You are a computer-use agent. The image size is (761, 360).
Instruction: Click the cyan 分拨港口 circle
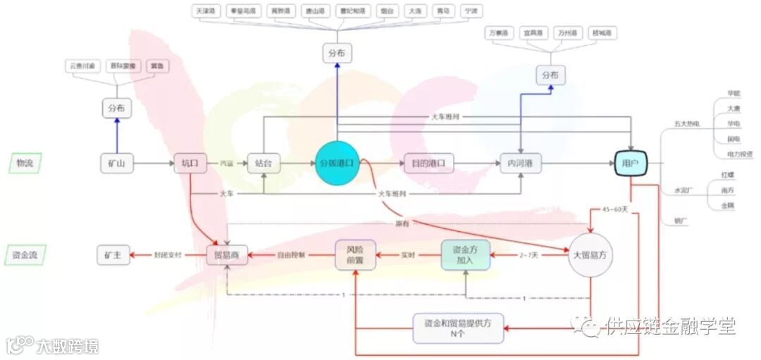[338, 163]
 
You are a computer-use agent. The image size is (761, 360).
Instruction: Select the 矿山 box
[116, 163]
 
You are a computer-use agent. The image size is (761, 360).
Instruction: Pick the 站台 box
[264, 163]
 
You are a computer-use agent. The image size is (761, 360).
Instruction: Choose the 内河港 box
[520, 163]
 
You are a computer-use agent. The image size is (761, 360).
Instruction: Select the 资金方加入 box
[465, 254]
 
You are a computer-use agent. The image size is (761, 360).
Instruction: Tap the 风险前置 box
[355, 254]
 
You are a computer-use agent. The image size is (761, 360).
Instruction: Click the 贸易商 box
[227, 255]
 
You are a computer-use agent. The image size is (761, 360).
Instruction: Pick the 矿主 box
[113, 255]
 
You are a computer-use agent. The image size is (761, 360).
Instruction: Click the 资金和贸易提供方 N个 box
[458, 328]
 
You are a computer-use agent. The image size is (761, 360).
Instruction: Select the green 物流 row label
[25, 163]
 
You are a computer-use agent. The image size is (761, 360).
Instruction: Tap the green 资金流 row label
[25, 255]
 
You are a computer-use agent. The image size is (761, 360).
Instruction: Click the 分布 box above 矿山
[116, 108]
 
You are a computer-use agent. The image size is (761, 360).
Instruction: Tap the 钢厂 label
[681, 222]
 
